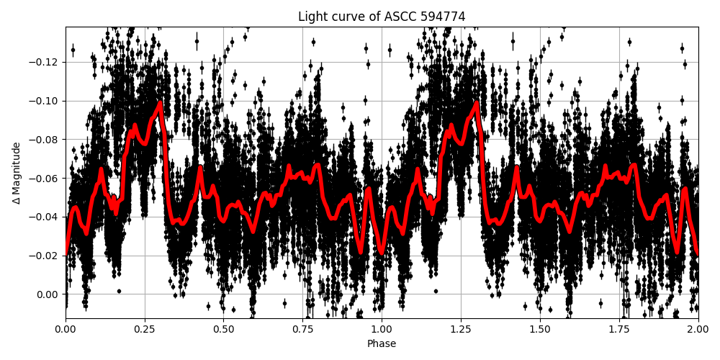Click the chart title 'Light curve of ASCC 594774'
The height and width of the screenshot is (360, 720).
coord(382,17)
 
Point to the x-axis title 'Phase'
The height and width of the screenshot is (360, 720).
coord(382,343)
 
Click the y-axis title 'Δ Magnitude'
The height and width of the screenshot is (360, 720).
coord(16,173)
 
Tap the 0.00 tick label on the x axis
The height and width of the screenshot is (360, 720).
coord(66,329)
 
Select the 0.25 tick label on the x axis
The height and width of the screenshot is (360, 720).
coord(145,329)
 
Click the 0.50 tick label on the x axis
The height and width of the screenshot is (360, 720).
coord(223,329)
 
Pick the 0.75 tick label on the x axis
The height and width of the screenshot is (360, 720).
coord(302,329)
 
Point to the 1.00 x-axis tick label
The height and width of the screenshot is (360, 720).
coord(382,329)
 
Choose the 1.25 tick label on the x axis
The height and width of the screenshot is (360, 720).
coord(461,329)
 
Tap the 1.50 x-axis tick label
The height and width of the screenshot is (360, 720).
coord(540,329)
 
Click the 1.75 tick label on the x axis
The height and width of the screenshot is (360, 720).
coord(618,329)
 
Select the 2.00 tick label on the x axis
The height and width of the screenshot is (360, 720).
coord(698,329)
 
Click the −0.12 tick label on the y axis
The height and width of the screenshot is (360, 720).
coord(45,62)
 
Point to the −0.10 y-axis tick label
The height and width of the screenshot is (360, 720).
coord(45,101)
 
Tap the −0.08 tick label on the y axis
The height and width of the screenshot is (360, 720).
coord(45,140)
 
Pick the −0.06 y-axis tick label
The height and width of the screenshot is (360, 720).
coord(45,179)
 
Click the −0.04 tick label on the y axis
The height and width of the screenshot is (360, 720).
coord(45,217)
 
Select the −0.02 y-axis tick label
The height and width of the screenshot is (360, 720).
coord(45,256)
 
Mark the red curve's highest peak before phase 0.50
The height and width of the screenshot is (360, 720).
coord(160,102)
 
